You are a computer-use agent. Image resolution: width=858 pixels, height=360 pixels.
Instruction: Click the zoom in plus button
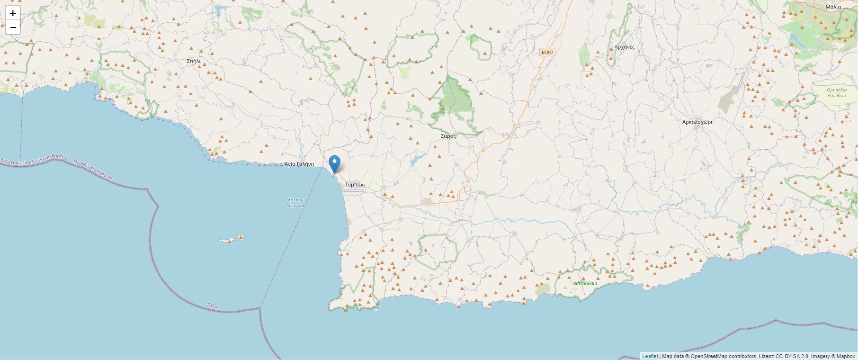tap(13, 13)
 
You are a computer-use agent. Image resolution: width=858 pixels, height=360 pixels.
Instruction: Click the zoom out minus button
tap(13, 27)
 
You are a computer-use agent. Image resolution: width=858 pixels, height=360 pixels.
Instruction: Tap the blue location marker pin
tap(334, 164)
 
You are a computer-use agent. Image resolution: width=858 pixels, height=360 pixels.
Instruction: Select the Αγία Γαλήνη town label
tap(299, 164)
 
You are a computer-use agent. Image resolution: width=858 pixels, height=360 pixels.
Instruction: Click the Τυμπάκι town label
tap(355, 184)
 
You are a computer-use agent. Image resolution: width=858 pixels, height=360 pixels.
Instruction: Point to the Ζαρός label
tap(448, 136)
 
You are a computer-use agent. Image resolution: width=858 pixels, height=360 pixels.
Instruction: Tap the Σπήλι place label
tap(194, 61)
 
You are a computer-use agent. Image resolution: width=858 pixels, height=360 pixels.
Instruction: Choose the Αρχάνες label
tap(624, 47)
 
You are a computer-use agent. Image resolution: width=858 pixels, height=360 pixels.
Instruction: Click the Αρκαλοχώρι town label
tap(697, 122)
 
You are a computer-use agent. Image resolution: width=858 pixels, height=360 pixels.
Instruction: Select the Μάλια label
tap(833, 7)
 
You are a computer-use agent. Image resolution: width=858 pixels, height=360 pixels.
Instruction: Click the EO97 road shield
tap(547, 52)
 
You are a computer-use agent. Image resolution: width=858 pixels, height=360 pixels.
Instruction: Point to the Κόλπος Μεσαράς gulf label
tap(296, 203)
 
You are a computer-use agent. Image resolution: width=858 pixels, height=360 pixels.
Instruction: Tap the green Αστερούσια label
tap(585, 283)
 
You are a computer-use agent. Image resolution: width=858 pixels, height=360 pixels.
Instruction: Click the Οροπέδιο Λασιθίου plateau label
tap(836, 92)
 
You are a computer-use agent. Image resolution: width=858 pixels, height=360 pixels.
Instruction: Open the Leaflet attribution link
tap(650, 356)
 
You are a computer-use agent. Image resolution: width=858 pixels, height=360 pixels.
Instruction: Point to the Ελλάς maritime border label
tap(214, 306)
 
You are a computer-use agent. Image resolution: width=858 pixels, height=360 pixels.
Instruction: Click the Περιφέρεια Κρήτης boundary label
tap(93, 170)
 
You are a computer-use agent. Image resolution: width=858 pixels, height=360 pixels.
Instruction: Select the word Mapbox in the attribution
tap(845, 356)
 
